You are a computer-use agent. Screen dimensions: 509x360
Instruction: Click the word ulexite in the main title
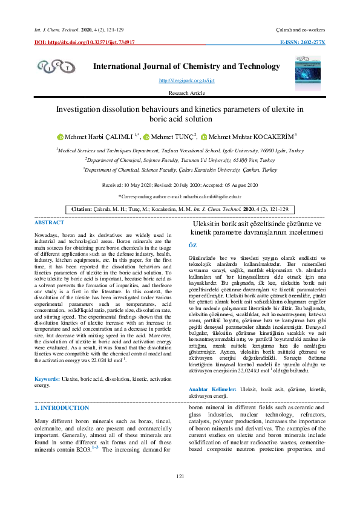click(x=276, y=109)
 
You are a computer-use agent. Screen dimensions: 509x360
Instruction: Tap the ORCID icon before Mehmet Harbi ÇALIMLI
click(x=60, y=138)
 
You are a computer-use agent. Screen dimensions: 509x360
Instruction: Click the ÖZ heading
click(x=193, y=245)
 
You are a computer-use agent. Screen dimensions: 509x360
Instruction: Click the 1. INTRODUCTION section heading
click(x=62, y=408)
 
